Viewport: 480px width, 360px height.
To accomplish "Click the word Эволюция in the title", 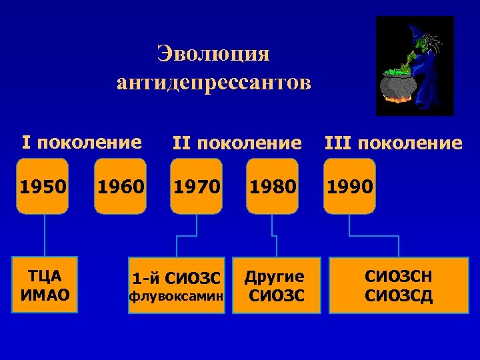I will click(x=213, y=53).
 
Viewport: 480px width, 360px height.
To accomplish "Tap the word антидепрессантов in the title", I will click(x=213, y=83).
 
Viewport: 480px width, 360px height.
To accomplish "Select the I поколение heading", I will click(x=82, y=142).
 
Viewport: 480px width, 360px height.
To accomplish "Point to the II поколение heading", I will click(x=237, y=143).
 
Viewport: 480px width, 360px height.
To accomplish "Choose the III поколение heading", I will click(x=393, y=143).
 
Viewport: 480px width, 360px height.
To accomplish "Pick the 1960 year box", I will click(x=120, y=186).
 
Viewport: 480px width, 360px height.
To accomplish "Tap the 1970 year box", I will click(x=196, y=186).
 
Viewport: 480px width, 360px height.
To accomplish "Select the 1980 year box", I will click(x=272, y=186).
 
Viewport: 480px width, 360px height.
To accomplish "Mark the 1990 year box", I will click(x=349, y=186).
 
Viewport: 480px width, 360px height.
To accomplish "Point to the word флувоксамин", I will click(x=177, y=294).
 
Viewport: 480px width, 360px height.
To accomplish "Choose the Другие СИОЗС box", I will click(x=276, y=285).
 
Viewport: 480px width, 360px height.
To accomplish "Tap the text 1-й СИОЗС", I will click(x=177, y=277).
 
